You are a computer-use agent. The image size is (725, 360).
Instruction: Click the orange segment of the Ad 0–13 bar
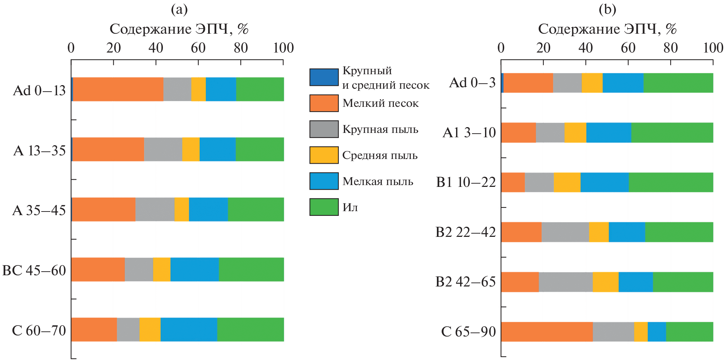[118, 89]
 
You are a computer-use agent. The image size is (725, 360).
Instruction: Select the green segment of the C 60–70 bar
[250, 329]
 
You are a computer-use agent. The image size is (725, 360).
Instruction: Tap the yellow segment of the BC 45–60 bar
[161, 269]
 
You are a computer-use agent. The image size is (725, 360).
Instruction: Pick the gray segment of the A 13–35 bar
[163, 149]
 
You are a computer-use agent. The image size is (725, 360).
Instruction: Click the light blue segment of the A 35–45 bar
[208, 209]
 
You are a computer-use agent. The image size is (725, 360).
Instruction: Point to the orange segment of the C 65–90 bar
[547, 331]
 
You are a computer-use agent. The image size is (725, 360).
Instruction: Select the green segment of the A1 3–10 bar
[672, 133]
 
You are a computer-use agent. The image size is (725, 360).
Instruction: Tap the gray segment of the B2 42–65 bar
[565, 282]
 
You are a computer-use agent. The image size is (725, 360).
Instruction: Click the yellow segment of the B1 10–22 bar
[567, 182]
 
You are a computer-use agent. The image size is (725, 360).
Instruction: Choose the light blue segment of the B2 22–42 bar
[627, 232]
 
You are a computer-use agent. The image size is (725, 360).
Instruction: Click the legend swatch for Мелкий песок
[324, 103]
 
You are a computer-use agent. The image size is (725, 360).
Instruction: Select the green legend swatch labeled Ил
[324, 207]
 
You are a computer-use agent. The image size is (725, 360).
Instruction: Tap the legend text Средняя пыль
[380, 155]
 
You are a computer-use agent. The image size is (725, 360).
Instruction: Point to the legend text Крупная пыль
[380, 129]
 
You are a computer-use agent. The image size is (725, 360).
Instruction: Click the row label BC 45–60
[34, 270]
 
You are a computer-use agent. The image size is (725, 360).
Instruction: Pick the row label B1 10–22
[466, 182]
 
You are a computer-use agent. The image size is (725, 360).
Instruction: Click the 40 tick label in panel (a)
[156, 48]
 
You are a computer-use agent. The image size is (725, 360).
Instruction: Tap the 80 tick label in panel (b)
[670, 48]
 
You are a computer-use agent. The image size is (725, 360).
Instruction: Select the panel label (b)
[607, 9]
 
